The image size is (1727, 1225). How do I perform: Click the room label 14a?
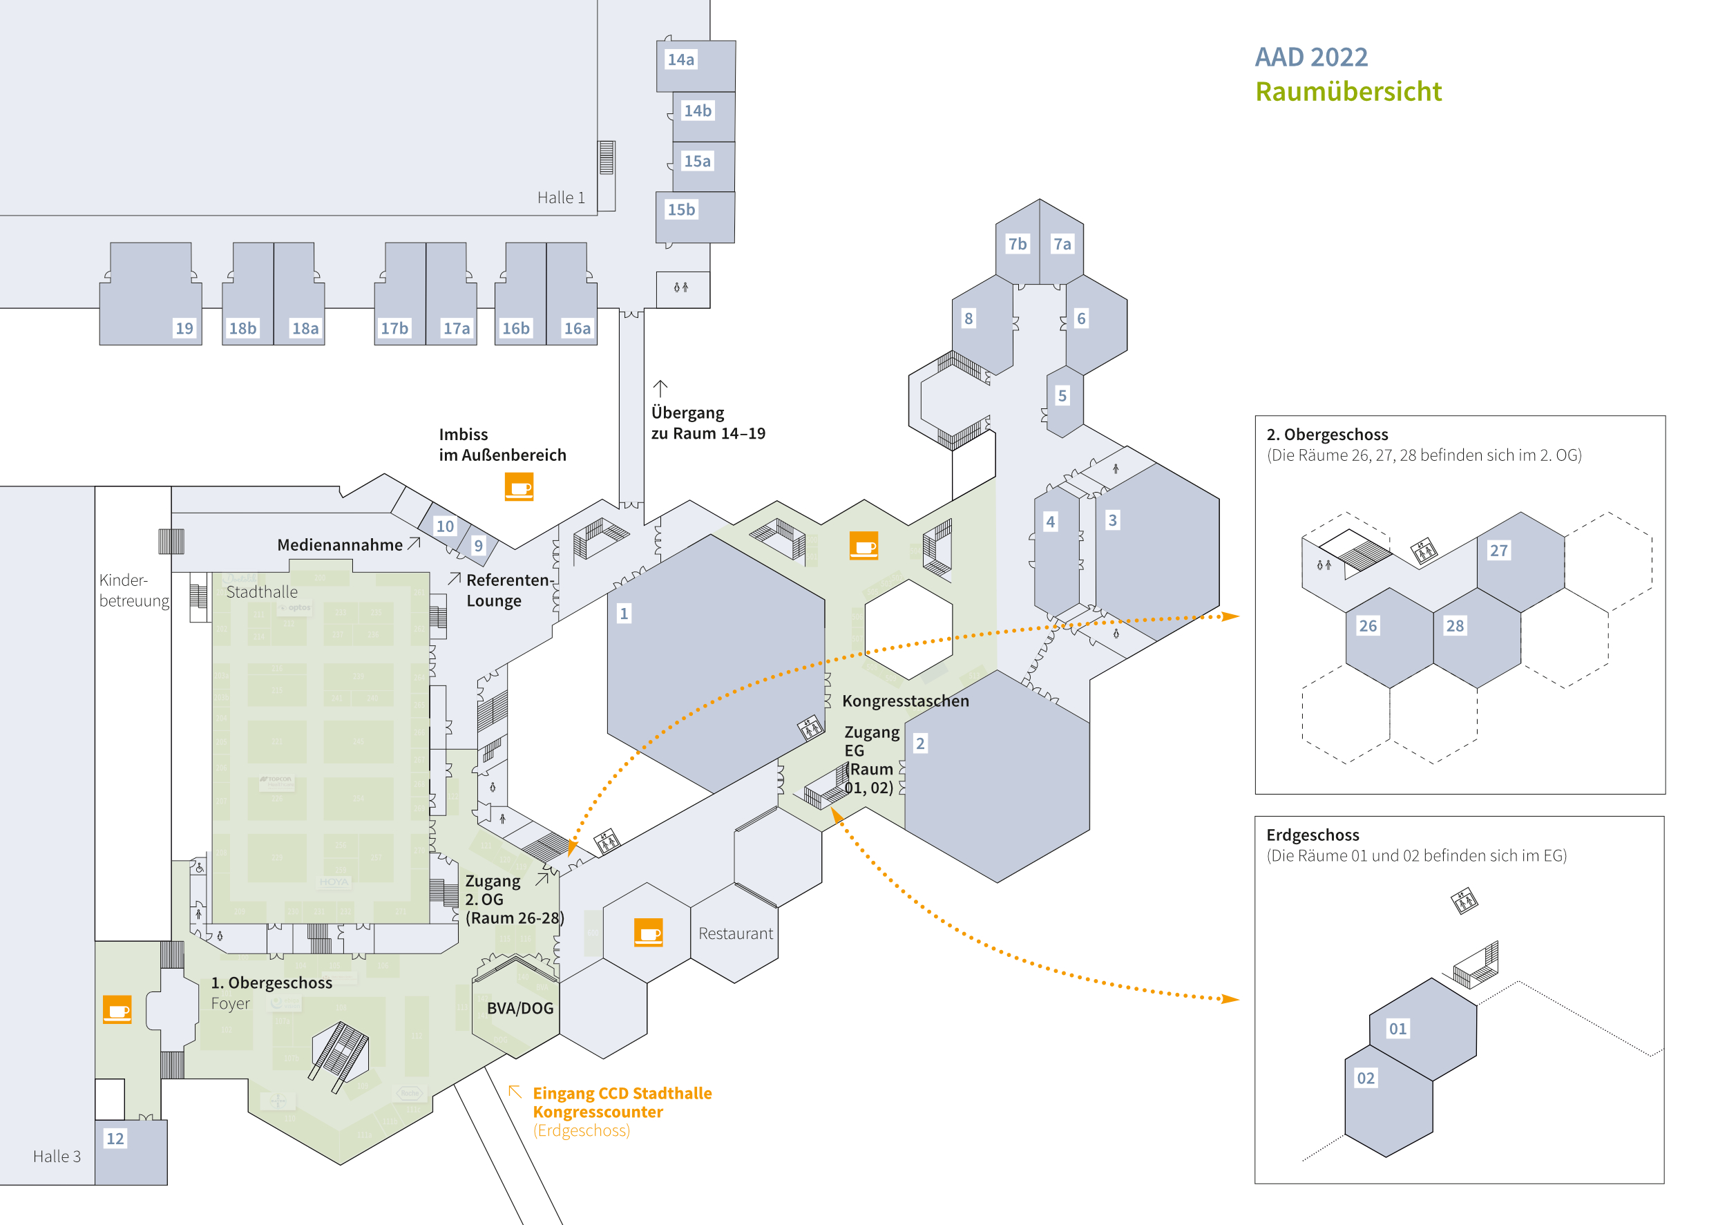coord(680,59)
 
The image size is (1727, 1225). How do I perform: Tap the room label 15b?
coord(681,210)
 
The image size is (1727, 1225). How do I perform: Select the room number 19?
coord(184,328)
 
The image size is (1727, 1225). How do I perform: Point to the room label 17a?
coord(456,328)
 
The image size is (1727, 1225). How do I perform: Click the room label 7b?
coord(1018,244)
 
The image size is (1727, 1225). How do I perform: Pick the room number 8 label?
coord(969,319)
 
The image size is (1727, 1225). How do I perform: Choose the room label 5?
coord(1062,395)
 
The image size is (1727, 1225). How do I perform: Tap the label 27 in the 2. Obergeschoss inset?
coord(1498,551)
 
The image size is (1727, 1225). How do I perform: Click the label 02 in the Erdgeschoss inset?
coord(1366,1078)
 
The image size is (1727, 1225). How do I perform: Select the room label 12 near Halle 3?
coord(115,1138)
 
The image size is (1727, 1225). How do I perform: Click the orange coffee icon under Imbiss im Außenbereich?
coord(519,486)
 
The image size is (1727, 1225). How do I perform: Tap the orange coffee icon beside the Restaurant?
coord(648,932)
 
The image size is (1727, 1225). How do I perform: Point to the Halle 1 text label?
coord(560,198)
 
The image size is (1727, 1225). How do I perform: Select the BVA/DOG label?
coord(519,1009)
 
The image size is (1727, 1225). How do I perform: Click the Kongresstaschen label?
coord(905,701)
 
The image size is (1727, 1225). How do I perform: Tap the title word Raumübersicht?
coord(1348,91)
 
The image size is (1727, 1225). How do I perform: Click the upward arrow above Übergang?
coord(660,388)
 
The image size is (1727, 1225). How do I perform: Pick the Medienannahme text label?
coord(339,544)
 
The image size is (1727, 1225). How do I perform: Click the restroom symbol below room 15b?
coord(681,287)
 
